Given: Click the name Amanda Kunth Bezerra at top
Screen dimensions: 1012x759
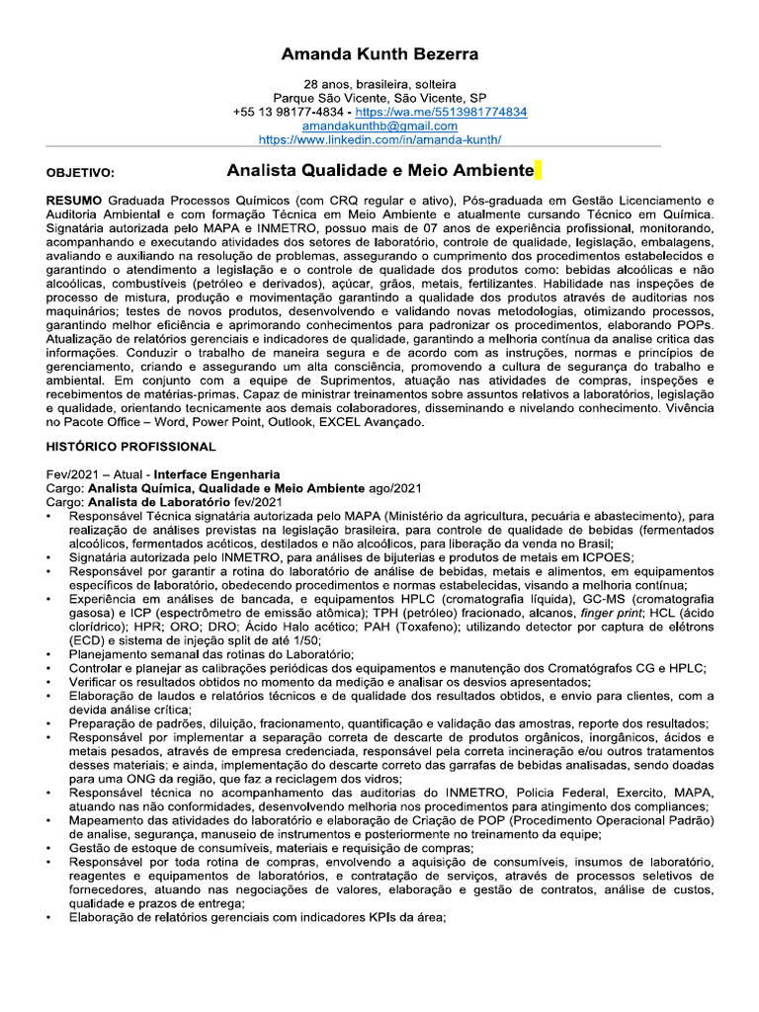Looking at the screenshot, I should [x=379, y=53].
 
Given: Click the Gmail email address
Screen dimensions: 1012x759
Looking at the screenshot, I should [x=379, y=126].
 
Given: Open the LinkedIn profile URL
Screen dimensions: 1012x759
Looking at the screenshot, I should [x=379, y=140].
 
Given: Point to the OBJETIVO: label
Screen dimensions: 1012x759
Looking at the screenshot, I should [x=80, y=173].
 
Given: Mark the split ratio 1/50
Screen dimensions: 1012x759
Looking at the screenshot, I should [x=302, y=639].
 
